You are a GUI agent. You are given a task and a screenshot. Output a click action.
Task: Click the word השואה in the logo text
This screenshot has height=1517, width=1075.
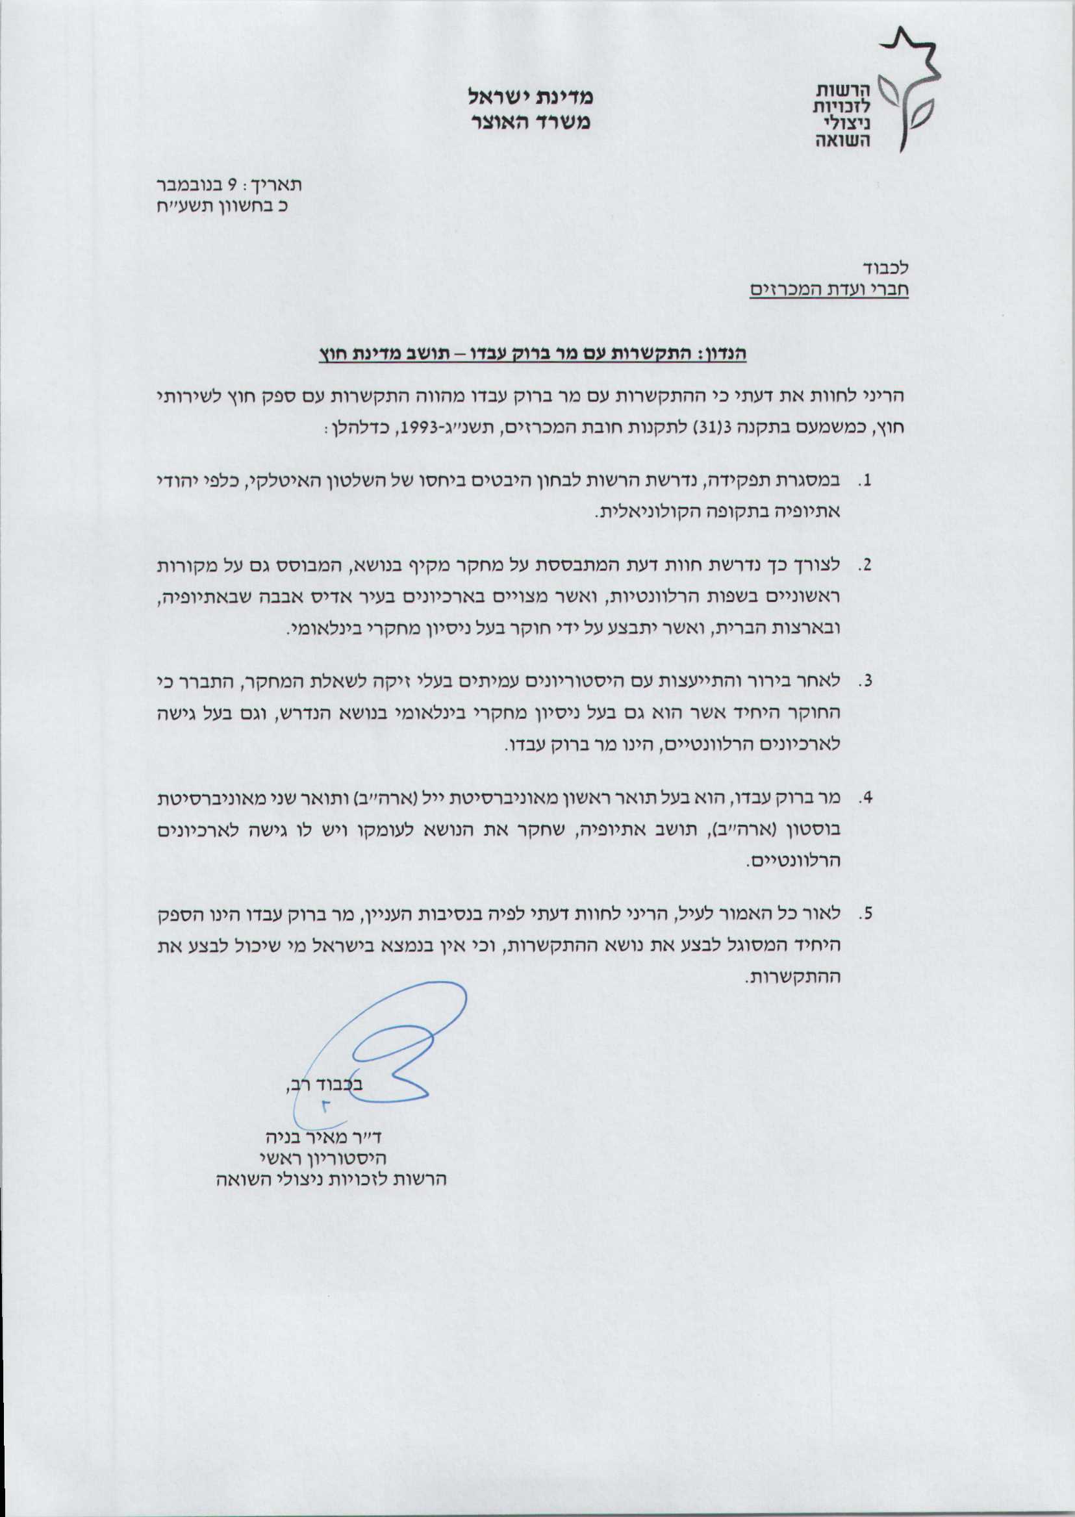pyautogui.click(x=843, y=140)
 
